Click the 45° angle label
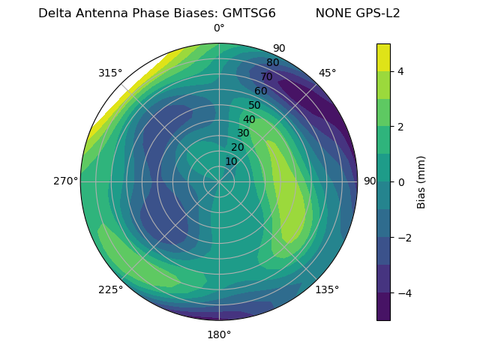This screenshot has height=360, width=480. click(327, 73)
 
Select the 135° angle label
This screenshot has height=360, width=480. click(327, 289)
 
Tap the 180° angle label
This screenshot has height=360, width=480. click(219, 334)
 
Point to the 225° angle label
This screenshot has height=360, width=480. click(110, 289)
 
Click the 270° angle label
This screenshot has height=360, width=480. click(66, 181)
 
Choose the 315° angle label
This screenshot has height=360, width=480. click(110, 73)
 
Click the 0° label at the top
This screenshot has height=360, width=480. click(219, 28)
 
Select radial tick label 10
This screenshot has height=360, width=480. click(231, 161)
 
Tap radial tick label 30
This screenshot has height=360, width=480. click(243, 133)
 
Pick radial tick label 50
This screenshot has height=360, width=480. click(255, 105)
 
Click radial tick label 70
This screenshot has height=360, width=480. click(266, 76)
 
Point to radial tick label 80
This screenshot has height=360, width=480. click(272, 62)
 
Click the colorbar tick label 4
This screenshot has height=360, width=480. click(400, 71)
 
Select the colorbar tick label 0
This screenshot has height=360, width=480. click(400, 181)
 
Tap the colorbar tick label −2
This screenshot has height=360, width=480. click(403, 237)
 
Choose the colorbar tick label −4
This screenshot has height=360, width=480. click(403, 292)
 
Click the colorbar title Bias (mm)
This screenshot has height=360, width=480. click(421, 181)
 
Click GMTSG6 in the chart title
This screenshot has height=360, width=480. click(249, 13)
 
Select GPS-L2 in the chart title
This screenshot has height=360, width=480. click(379, 13)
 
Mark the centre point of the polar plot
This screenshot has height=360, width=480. click(219, 181)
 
